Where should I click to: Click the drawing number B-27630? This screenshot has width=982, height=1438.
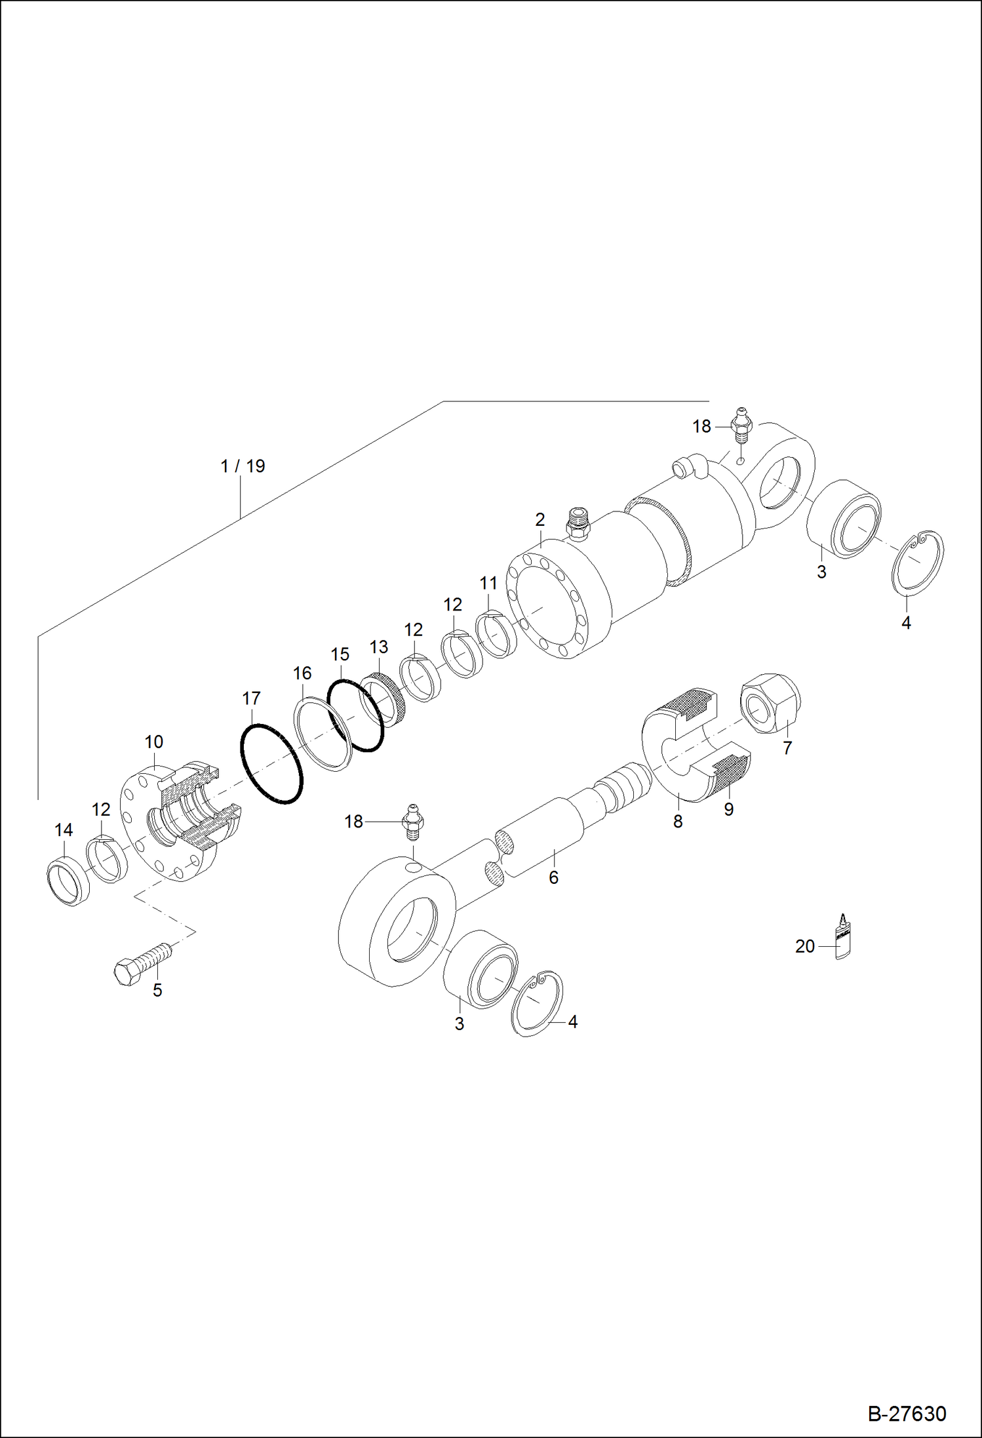[907, 1413]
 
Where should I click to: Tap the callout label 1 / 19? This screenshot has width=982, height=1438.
[243, 466]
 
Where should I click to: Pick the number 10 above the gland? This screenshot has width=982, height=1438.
[153, 742]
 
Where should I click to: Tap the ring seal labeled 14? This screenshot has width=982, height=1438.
[68, 882]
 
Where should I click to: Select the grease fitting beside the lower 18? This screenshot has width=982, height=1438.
[412, 822]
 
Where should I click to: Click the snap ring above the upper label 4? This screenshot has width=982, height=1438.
[918, 562]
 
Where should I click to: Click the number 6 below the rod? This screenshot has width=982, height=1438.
[553, 877]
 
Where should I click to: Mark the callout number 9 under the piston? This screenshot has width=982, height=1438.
[728, 810]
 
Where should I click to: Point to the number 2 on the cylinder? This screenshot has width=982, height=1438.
[540, 519]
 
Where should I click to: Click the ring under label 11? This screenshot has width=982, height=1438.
[496, 633]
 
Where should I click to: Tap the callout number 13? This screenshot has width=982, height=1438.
[378, 647]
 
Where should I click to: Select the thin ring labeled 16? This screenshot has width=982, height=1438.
[323, 734]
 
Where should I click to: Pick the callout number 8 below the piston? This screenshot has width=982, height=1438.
[678, 821]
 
